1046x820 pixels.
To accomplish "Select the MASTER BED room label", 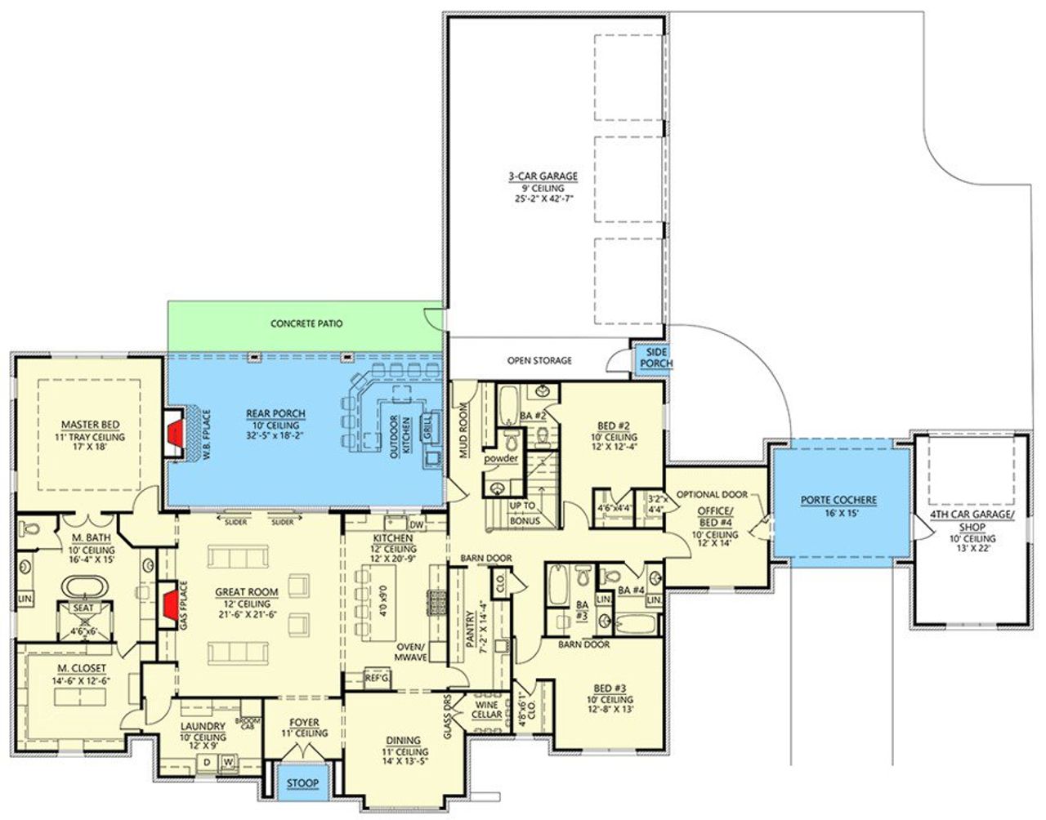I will pos(91,425).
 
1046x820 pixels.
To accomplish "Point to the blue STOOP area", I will pos(302,783).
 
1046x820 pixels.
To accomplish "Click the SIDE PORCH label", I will pos(655,357).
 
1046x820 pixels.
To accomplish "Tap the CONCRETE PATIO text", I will pos(306,324).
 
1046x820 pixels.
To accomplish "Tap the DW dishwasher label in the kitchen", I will pos(415,525).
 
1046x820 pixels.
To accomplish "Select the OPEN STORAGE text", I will pos(539,360).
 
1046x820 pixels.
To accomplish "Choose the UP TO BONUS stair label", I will pos(522,513).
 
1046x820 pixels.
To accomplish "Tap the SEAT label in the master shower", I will pos(84,608).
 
